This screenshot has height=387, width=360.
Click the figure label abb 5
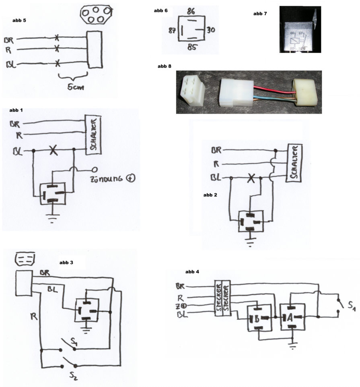(x=19, y=19)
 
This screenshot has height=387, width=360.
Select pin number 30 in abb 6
(x=212, y=30)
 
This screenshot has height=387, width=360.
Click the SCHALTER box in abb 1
(x=93, y=135)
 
